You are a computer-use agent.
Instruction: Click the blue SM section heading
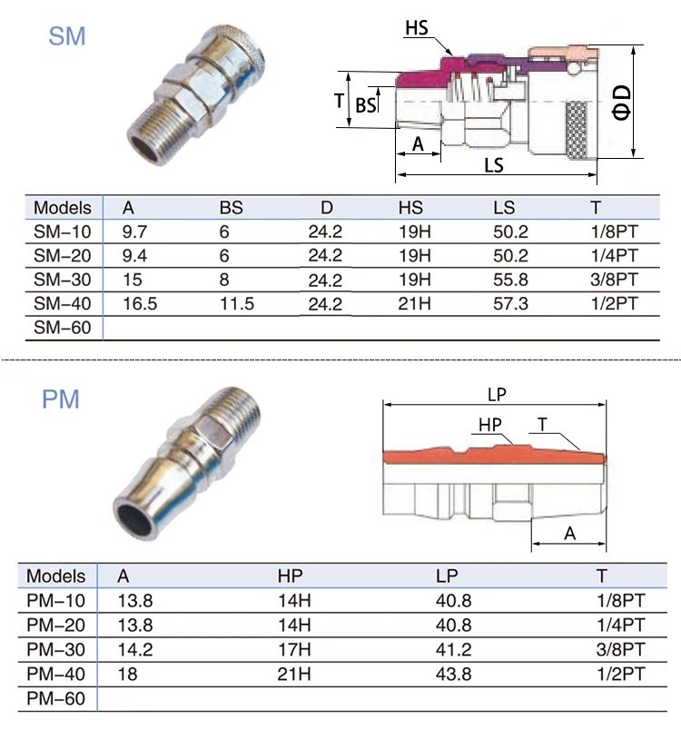pos(68,37)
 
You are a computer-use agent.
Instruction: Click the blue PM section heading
pos(61,399)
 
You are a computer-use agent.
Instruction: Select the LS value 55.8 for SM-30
pos(509,279)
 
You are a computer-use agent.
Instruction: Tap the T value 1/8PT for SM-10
pos(614,232)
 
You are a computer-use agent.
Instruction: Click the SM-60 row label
pos(62,327)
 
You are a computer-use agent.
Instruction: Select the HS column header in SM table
pos(410,208)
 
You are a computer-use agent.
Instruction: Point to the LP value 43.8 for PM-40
pos(453,675)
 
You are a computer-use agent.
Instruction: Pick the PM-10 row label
pos(55,601)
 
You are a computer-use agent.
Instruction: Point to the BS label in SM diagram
pos(365,105)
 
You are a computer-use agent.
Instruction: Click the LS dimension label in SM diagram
pos(494,167)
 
